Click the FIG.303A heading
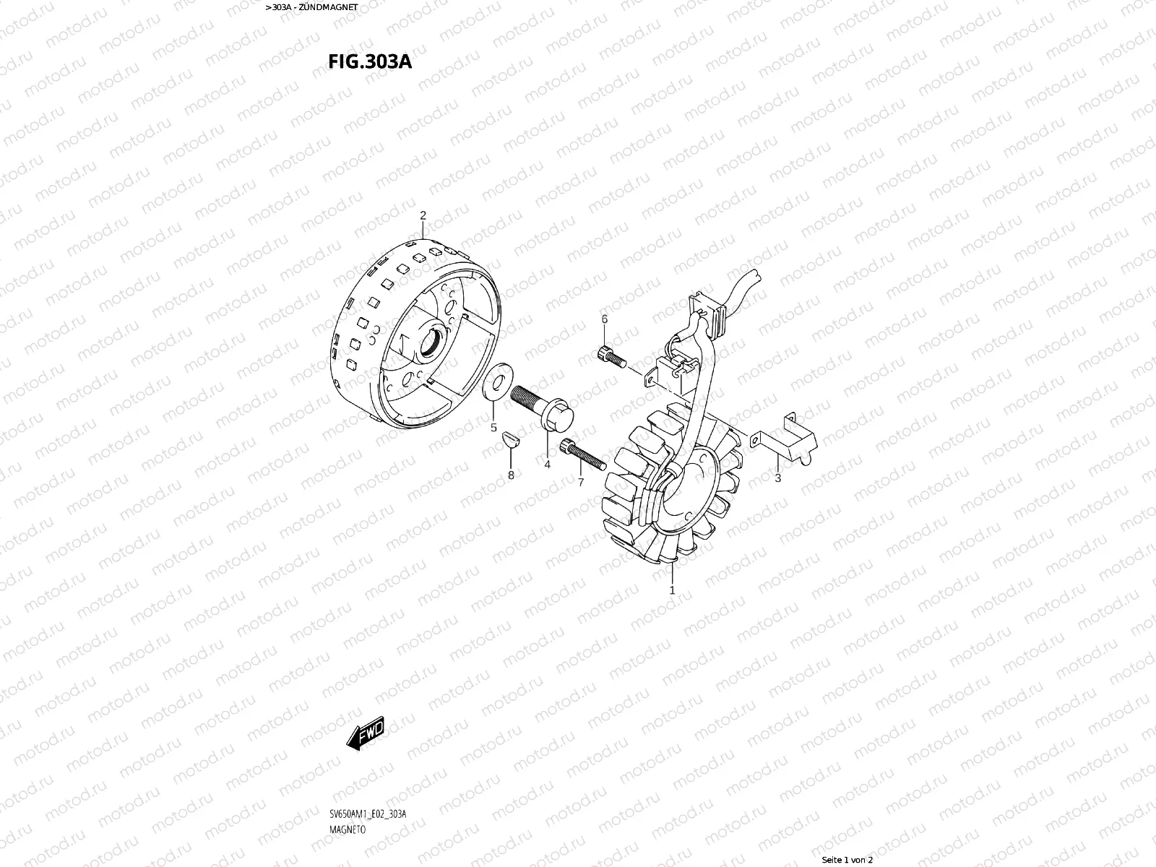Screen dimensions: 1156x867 370,61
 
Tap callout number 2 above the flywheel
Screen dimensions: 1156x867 423,215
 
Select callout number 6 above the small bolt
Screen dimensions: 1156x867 605,319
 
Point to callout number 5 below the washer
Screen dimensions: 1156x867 493,428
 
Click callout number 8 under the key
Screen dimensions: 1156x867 511,475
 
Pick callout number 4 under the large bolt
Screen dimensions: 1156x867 547,465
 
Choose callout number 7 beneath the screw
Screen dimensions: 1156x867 581,482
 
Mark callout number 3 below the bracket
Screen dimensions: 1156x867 778,478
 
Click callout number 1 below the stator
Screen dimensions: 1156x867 672,590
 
